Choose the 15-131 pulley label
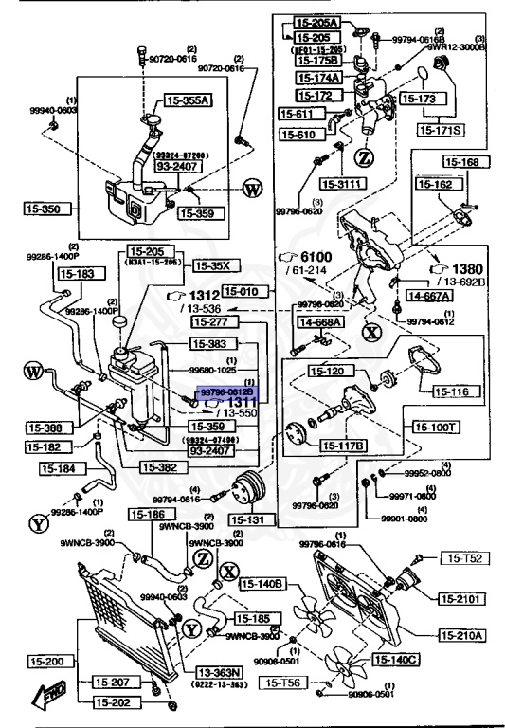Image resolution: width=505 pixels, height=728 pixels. click(x=250, y=519)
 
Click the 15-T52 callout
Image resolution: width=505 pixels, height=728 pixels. click(x=466, y=560)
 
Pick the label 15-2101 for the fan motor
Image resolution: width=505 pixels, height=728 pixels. click(x=461, y=598)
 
